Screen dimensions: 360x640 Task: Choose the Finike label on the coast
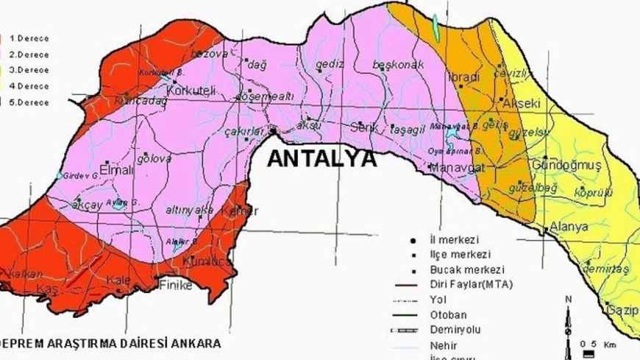pos(175,284)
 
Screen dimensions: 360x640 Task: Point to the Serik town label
pos(363,127)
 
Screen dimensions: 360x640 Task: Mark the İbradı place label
pos(463,77)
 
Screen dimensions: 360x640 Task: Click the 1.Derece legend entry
pos(29,38)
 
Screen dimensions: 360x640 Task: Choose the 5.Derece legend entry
pos(29,102)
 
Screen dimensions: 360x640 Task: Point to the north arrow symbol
pos(569,317)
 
